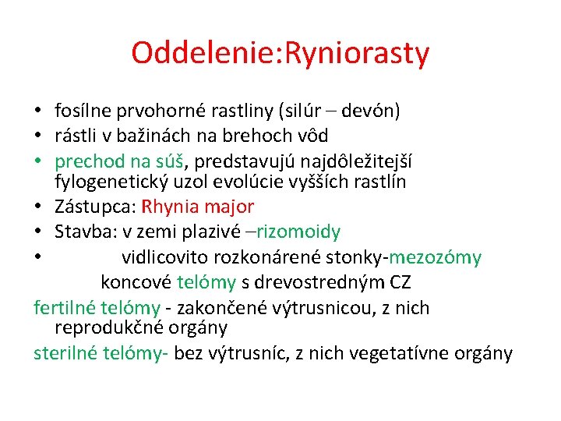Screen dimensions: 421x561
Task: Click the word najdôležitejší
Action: tap(355, 161)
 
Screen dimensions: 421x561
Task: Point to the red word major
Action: tap(233, 207)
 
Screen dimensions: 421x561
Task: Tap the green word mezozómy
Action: tap(436, 256)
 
